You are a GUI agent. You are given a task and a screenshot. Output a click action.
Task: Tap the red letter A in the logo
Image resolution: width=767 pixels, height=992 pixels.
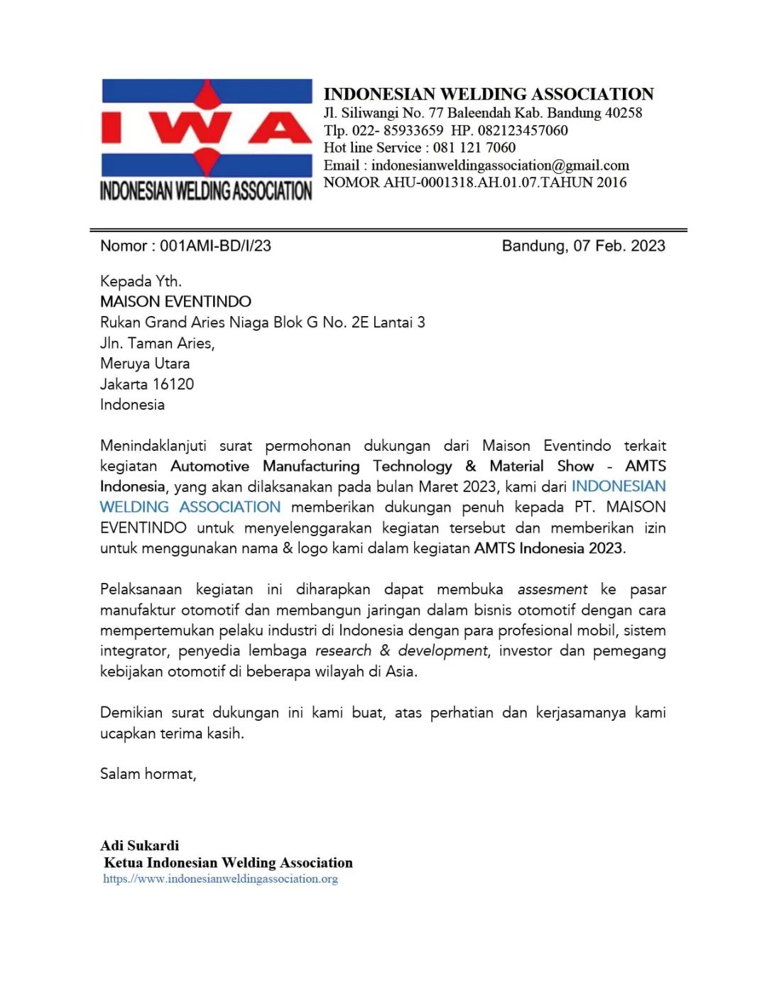279,128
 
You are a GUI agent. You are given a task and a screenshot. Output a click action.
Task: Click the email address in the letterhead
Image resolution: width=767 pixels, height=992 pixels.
500,165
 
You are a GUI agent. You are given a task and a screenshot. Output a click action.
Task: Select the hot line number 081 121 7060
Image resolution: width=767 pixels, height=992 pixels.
474,148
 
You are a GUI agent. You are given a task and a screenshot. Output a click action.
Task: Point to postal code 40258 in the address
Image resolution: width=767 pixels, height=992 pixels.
624,113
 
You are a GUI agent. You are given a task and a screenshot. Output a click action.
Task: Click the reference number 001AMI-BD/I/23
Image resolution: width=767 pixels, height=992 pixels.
215,246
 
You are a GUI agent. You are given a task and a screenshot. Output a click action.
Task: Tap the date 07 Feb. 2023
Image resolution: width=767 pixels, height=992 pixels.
619,246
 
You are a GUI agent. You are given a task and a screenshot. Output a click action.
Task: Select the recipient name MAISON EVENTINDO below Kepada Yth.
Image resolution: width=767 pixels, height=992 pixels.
175,301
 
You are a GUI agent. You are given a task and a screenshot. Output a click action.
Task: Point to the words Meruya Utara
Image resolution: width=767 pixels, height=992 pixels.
145,364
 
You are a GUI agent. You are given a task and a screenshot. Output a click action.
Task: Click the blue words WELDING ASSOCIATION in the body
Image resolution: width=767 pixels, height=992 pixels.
190,507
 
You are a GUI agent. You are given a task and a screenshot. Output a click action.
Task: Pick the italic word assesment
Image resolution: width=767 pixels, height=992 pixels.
552,589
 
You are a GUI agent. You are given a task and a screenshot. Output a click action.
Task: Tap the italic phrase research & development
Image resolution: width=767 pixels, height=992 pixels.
401,651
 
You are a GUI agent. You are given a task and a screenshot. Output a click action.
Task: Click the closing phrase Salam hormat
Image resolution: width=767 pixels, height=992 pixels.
148,774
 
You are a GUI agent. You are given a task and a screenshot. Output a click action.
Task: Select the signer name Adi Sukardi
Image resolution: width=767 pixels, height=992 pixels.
140,845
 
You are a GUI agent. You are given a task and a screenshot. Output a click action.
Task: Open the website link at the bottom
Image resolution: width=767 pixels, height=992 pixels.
220,879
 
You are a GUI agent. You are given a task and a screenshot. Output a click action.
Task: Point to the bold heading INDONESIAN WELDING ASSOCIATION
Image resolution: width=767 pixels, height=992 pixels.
489,94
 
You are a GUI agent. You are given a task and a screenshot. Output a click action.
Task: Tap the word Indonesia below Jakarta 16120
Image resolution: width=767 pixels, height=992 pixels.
132,405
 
